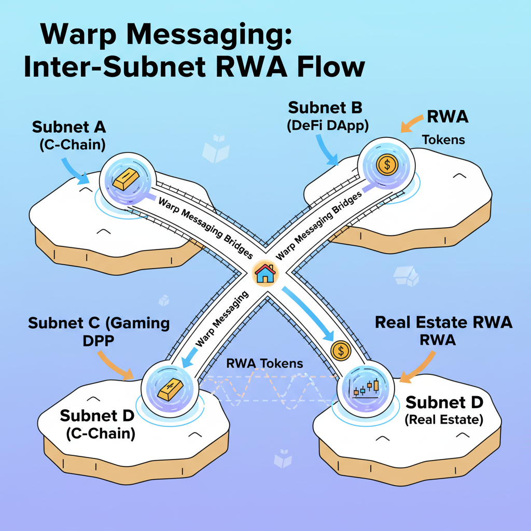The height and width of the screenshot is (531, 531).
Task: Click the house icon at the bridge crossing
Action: (265, 273)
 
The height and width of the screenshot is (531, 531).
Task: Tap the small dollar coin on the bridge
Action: (340, 351)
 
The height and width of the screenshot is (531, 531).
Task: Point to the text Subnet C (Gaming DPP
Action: (99, 332)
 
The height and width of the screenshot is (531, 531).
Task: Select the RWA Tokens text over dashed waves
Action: (264, 363)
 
